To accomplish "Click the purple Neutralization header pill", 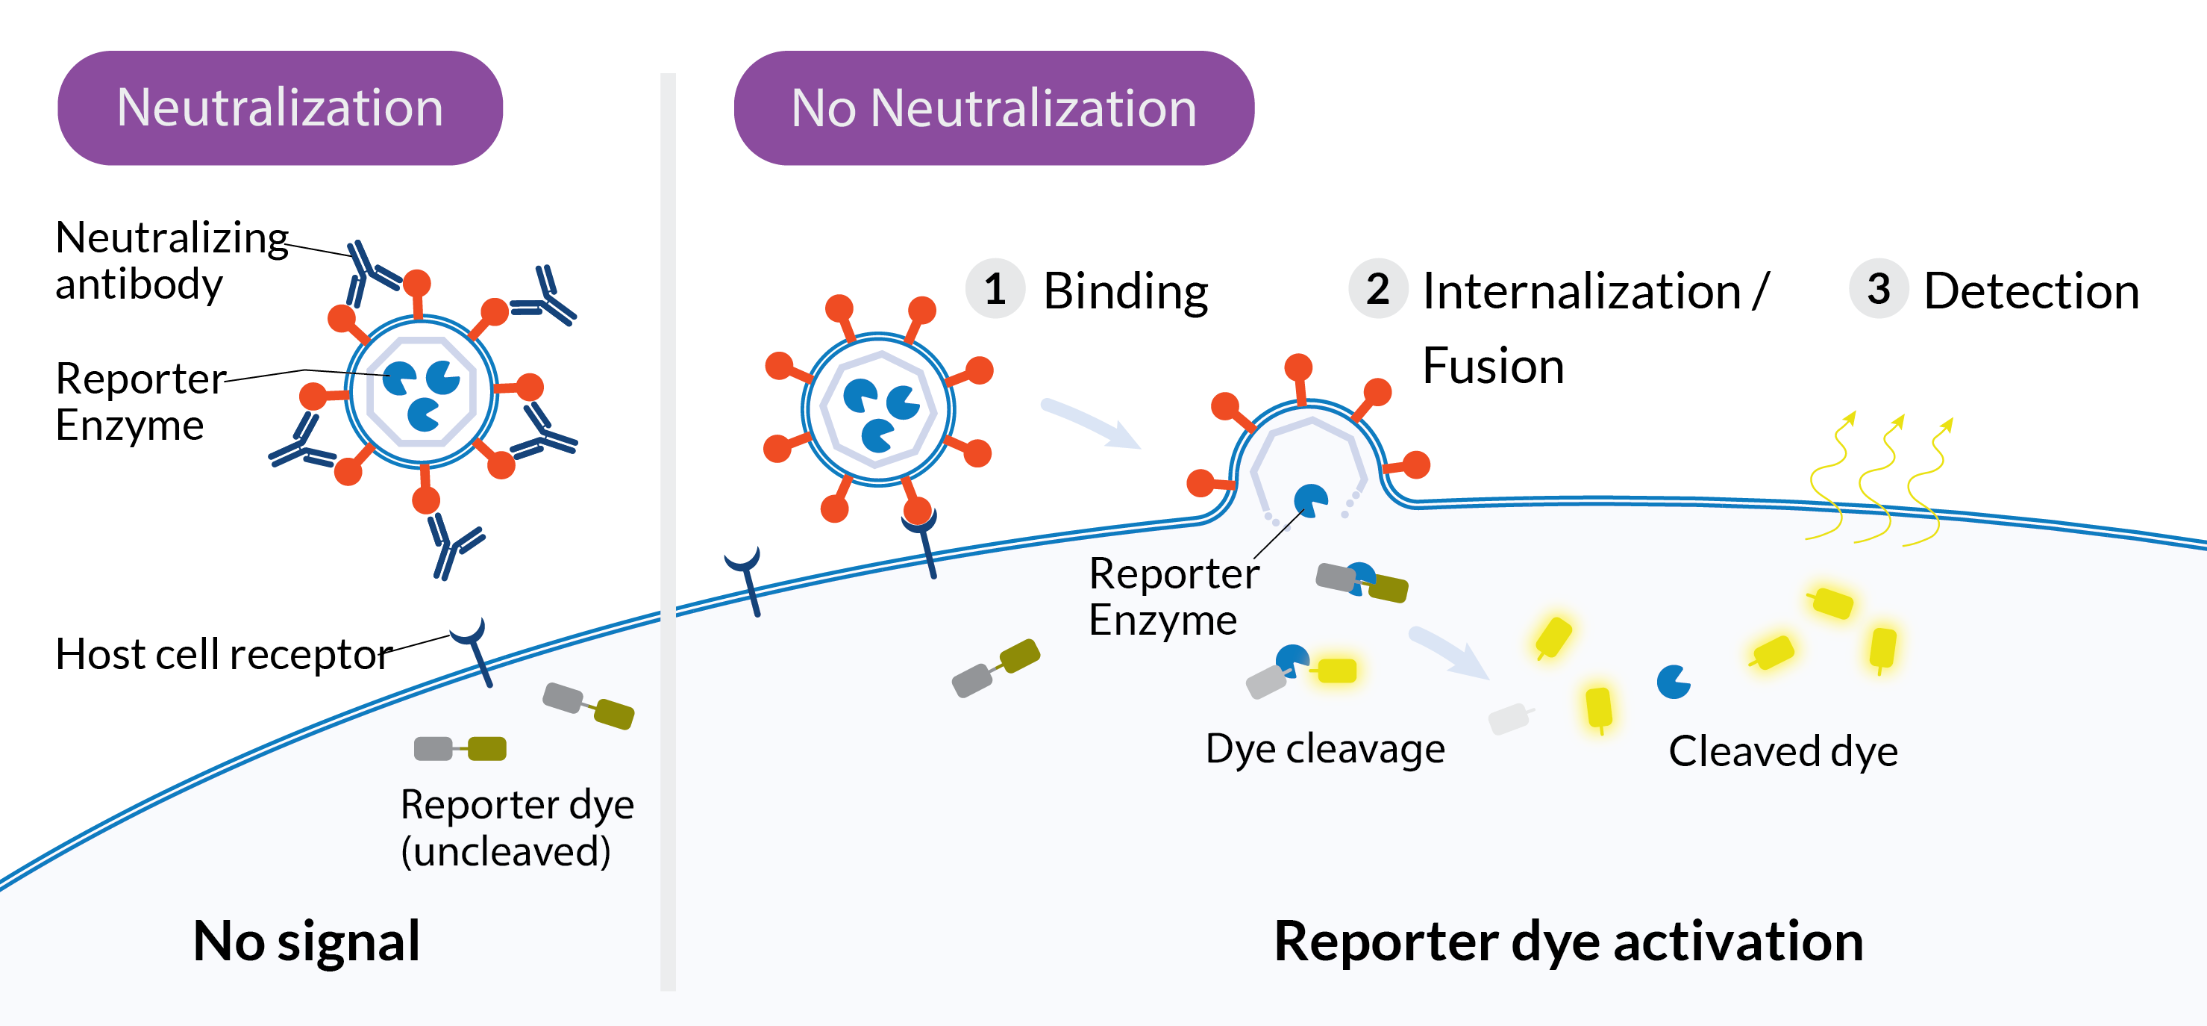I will [x=280, y=108].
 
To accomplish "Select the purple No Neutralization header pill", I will [x=994, y=108].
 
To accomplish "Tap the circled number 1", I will [x=995, y=289].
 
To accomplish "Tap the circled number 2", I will [x=1377, y=289].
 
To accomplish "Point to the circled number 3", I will [x=1878, y=289].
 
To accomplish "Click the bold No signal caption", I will [x=307, y=940].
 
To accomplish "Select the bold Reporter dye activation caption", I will [x=1568, y=940].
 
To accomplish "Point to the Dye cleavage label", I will [x=1324, y=748].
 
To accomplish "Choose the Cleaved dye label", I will [x=1783, y=751].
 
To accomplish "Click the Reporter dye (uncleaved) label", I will [x=516, y=827].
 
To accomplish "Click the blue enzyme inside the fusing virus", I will [x=1310, y=500].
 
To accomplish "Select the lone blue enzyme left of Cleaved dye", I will [x=1672, y=683].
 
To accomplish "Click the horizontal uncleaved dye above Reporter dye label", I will [x=460, y=748].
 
